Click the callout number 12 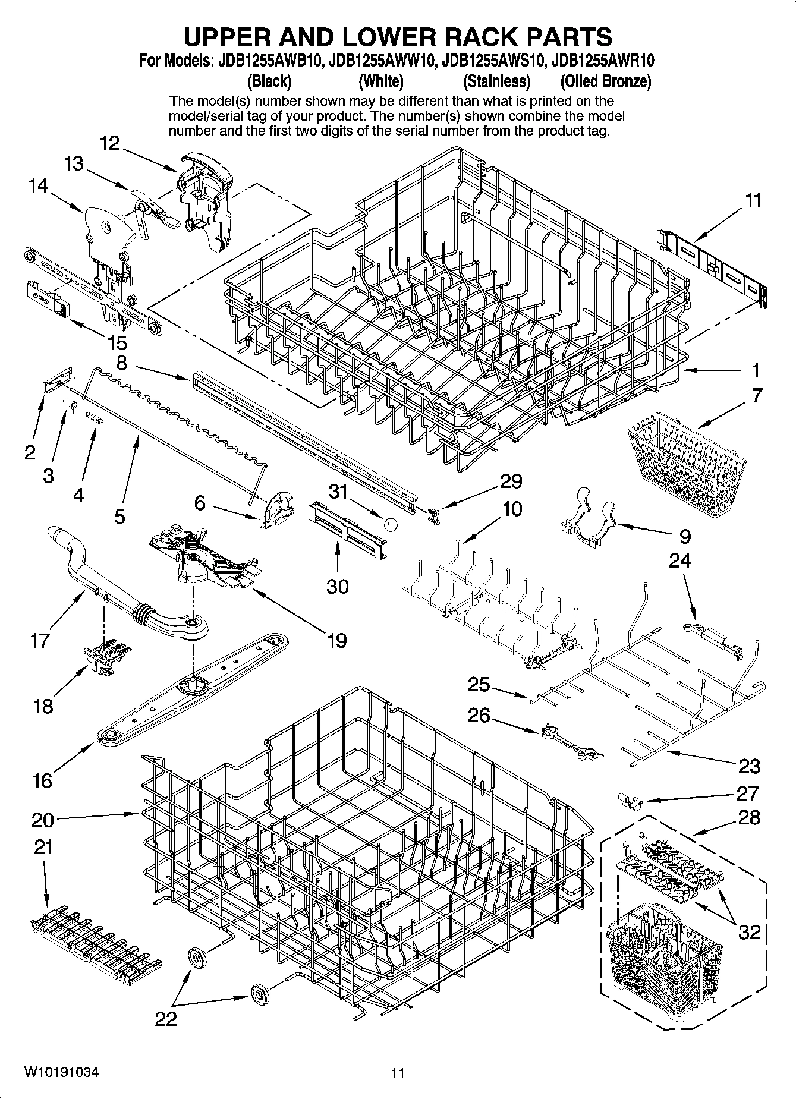[110, 143]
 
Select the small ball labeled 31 [391, 524]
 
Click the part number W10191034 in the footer [62, 1072]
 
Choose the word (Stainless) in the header [496, 81]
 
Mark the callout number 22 [166, 1019]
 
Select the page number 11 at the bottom [398, 1073]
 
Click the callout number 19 [336, 640]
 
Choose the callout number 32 [750, 931]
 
